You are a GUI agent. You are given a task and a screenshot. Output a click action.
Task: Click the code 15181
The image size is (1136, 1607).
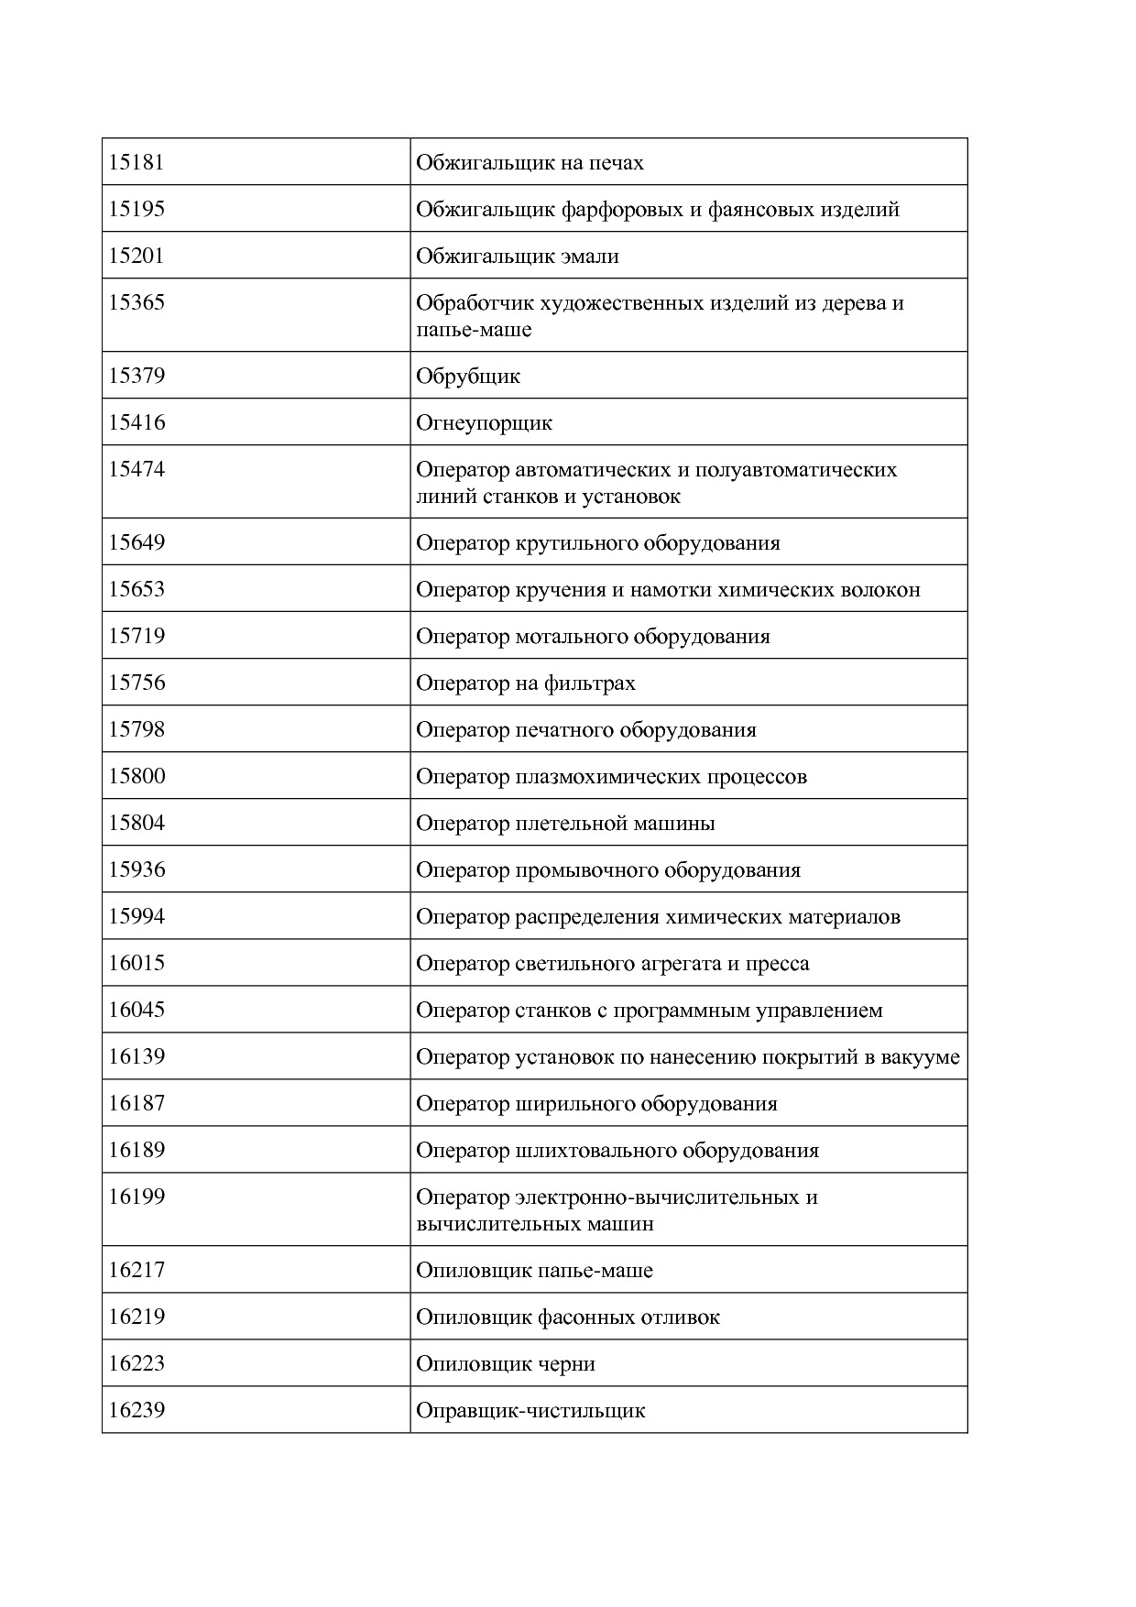(x=137, y=163)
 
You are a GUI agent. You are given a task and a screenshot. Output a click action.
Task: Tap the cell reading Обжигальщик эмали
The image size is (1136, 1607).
(x=518, y=257)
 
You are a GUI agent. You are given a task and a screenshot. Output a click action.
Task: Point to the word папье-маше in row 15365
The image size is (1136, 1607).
(x=473, y=330)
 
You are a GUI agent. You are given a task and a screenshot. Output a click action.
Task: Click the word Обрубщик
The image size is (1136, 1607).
(x=468, y=377)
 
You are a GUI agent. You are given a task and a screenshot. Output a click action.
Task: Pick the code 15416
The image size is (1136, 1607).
(x=137, y=423)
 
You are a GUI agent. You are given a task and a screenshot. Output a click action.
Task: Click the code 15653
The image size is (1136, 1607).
(x=137, y=590)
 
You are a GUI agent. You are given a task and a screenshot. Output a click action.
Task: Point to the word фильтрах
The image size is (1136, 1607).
(x=589, y=683)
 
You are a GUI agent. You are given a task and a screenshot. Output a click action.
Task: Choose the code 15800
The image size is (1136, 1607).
(x=137, y=777)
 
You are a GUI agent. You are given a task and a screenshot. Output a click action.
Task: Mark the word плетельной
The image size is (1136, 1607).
(x=568, y=824)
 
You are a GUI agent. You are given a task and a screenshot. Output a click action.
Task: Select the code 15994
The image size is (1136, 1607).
(x=137, y=917)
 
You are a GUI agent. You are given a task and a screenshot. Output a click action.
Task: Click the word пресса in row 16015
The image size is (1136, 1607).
(x=778, y=964)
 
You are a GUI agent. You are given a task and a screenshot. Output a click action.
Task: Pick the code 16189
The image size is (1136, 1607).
(x=137, y=1151)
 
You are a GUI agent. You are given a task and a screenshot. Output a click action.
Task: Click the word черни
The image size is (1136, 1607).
(x=567, y=1364)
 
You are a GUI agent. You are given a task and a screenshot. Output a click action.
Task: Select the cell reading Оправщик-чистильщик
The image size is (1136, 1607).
(x=530, y=1411)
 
